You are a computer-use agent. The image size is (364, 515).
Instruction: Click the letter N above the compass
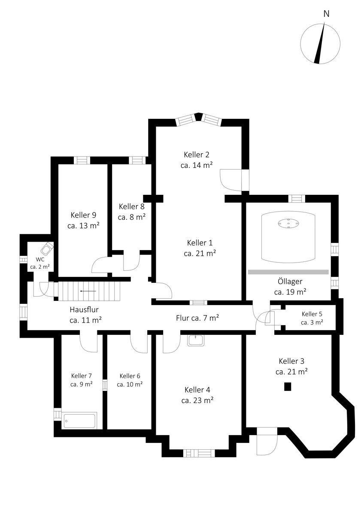pyautogui.click(x=326, y=14)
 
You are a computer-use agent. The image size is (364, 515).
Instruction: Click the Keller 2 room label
pyautogui.click(x=196, y=154)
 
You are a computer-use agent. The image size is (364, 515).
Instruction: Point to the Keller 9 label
pyautogui.click(x=83, y=215)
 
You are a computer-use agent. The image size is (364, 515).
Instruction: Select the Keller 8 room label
pyautogui.click(x=131, y=206)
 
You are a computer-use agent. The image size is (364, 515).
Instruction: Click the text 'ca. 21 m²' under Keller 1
pyautogui.click(x=200, y=253)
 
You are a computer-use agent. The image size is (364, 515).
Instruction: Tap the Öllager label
pyautogui.click(x=290, y=281)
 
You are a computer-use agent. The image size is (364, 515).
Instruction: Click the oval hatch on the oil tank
pyautogui.click(x=288, y=223)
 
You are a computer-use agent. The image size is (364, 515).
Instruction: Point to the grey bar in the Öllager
pyautogui.click(x=288, y=272)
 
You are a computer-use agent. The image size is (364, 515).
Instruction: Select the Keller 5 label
pyautogui.click(x=312, y=314)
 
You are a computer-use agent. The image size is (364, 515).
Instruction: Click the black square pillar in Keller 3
pyautogui.click(x=288, y=387)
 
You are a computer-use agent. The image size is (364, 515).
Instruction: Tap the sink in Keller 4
pyautogui.click(x=195, y=340)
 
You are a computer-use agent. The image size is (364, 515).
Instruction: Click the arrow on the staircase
pyautogui.click(x=88, y=291)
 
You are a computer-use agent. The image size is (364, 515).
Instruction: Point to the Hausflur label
pyautogui.click(x=84, y=309)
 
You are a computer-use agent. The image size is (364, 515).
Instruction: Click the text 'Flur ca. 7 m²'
pyautogui.click(x=197, y=318)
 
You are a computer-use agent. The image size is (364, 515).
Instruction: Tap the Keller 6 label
pyautogui.click(x=130, y=376)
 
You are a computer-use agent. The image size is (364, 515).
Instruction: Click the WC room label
pyautogui.click(x=40, y=259)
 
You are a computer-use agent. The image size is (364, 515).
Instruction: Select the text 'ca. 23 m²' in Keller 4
pyautogui.click(x=197, y=400)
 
